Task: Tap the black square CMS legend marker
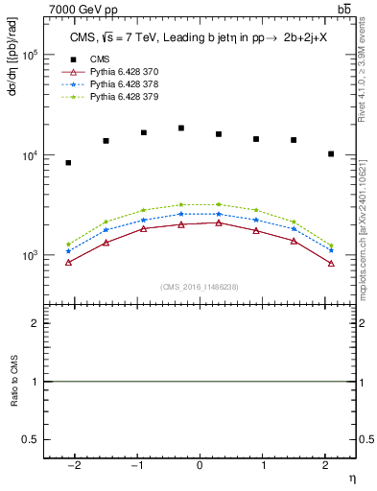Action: pos(68,58)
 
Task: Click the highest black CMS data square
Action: pos(181,128)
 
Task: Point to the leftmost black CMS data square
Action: pos(68,163)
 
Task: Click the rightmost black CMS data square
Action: pos(331,153)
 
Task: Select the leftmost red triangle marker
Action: pos(68,262)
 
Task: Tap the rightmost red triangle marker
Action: pos(331,263)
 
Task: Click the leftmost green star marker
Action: pos(68,244)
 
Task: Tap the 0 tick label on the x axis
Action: pos(200,465)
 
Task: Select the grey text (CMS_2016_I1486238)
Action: pos(200,288)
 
